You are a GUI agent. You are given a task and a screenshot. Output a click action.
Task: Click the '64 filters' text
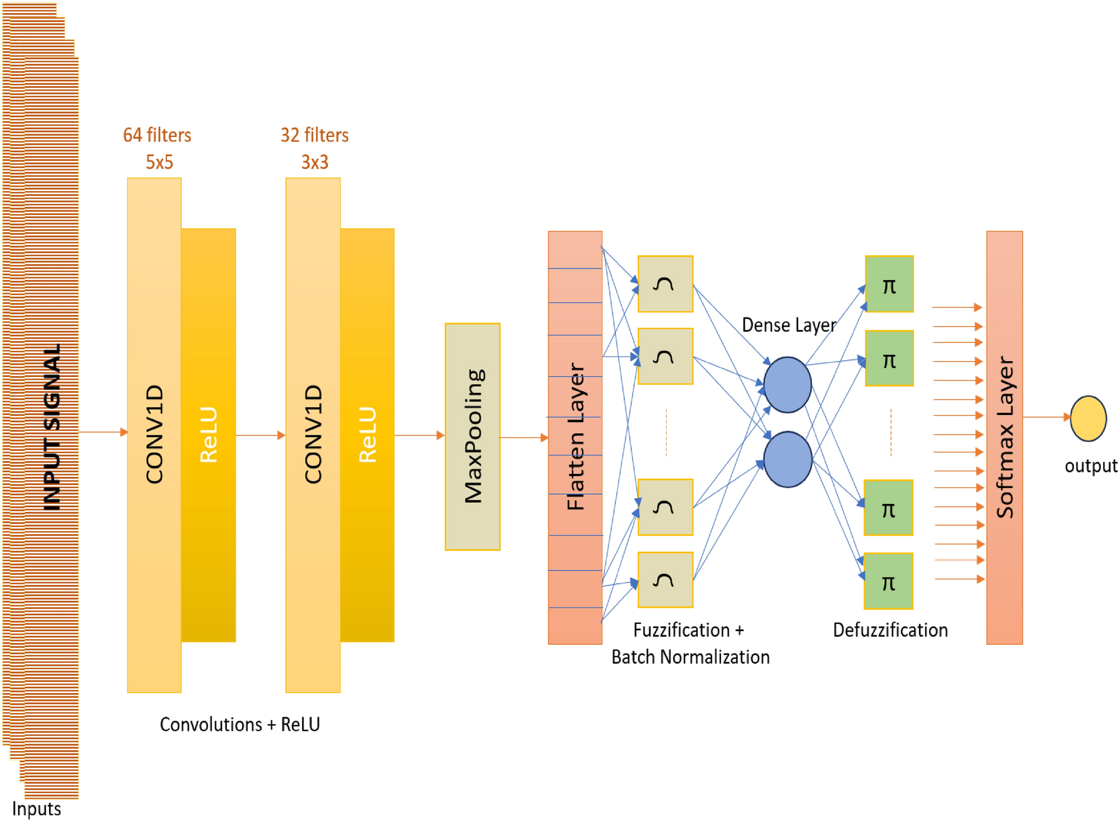tap(157, 135)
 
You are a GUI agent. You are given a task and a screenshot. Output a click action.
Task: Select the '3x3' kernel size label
tap(314, 162)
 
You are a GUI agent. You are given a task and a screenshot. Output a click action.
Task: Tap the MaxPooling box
tap(472, 436)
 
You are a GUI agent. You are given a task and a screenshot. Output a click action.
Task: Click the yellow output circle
tap(1088, 418)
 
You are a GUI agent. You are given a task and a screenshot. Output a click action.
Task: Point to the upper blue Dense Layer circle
tap(787, 385)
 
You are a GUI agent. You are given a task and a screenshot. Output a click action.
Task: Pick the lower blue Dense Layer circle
tap(787, 459)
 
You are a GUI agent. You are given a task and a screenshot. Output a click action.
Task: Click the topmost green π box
tap(889, 284)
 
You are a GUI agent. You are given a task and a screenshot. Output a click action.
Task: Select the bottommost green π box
tap(888, 581)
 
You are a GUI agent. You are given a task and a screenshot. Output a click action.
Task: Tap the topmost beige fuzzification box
tap(665, 284)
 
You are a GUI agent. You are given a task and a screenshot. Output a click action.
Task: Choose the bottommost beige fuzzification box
tap(665, 580)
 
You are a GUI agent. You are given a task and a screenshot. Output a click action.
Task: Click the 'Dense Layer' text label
tap(788, 325)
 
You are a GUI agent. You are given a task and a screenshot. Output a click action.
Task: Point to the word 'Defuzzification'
tap(890, 630)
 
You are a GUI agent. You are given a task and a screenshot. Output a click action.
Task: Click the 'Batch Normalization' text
tap(690, 657)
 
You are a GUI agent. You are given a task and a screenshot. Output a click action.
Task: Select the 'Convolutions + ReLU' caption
tap(239, 724)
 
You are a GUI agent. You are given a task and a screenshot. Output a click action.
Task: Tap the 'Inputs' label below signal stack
tap(36, 808)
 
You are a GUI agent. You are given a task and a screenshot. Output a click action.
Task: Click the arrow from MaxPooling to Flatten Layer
tap(523, 438)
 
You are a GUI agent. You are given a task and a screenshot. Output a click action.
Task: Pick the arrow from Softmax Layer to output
tap(1046, 417)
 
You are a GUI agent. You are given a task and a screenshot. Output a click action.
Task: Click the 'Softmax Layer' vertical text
tap(1005, 436)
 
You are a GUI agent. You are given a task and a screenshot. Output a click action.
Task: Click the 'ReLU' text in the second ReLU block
tap(367, 434)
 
